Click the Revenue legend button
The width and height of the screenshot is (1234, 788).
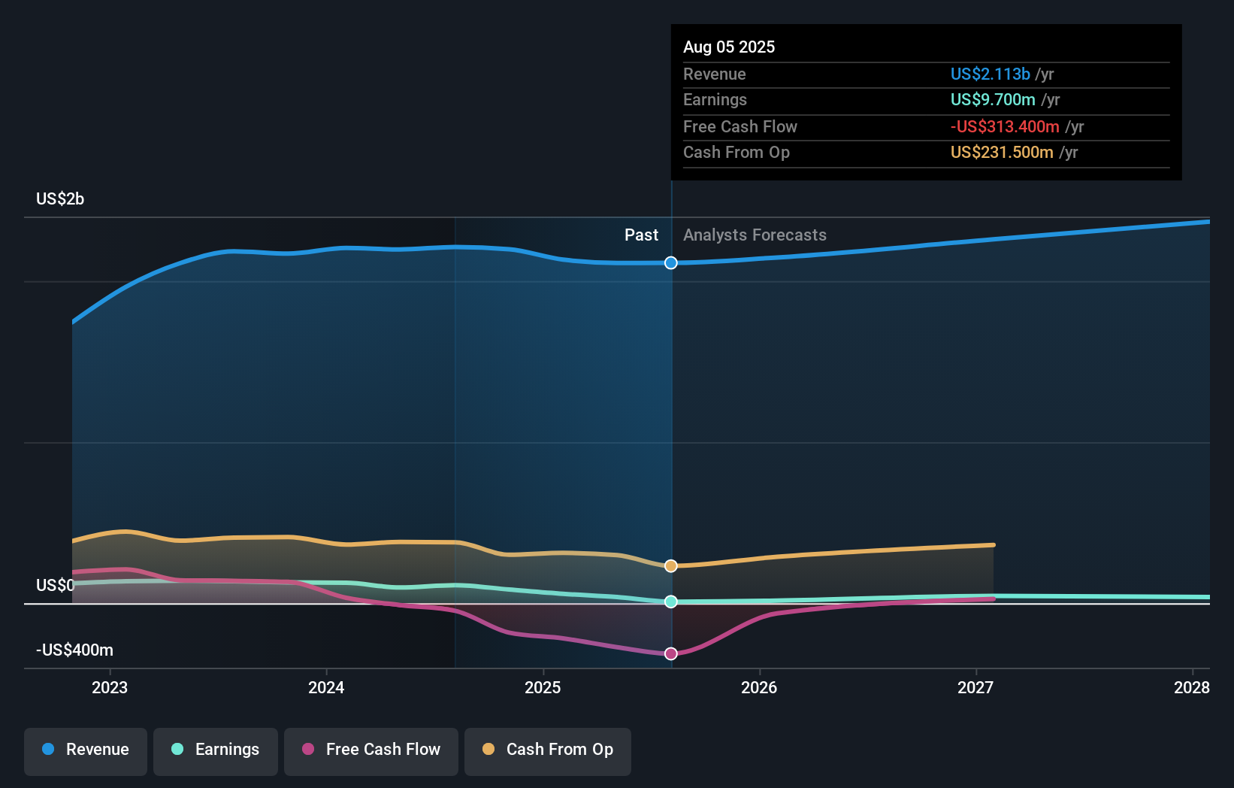click(x=86, y=750)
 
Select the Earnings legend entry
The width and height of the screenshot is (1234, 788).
click(x=216, y=750)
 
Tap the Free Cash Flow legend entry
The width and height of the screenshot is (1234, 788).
click(x=371, y=750)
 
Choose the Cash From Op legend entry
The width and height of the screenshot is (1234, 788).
click(x=548, y=750)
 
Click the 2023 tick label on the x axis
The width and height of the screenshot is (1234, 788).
click(x=110, y=687)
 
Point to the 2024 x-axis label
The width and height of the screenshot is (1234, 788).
click(x=326, y=687)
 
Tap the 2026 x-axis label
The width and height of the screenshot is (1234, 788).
click(x=759, y=687)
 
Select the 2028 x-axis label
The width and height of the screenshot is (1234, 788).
click(x=1191, y=687)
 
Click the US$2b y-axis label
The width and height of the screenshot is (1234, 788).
click(x=60, y=199)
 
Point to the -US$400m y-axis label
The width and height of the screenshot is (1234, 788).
click(x=74, y=650)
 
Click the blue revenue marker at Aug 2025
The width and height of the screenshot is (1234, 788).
click(x=671, y=262)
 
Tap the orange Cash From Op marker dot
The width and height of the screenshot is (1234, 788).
click(x=671, y=565)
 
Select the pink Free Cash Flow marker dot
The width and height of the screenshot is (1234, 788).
click(x=671, y=653)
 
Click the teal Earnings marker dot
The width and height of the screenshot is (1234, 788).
click(x=671, y=602)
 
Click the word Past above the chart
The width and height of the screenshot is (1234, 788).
click(x=641, y=235)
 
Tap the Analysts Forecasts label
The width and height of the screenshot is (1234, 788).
click(x=755, y=235)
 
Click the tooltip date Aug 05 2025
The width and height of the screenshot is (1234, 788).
click(x=729, y=47)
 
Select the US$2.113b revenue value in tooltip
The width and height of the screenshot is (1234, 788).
click(x=990, y=74)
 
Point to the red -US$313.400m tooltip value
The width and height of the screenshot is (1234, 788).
click(x=1005, y=126)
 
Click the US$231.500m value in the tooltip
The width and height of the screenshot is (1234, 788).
click(x=1002, y=152)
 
